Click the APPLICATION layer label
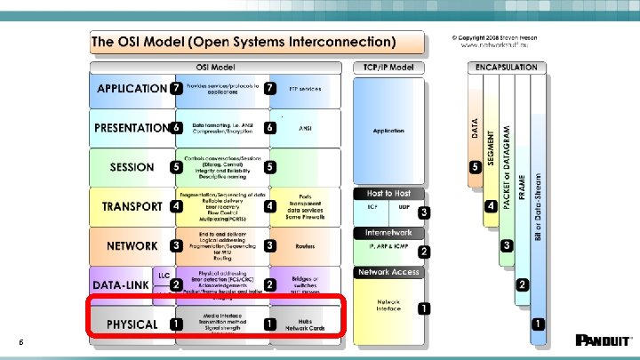click(131, 88)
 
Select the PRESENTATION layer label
click(132, 127)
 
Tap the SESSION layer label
click(132, 167)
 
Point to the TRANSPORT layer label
click(132, 206)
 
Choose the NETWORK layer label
click(132, 245)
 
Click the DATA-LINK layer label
click(122, 285)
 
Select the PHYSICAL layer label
click(132, 324)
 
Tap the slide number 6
click(20, 343)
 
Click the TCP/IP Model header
click(388, 67)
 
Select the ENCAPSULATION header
click(506, 67)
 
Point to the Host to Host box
click(388, 193)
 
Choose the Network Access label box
click(388, 272)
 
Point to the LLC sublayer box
click(164, 276)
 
